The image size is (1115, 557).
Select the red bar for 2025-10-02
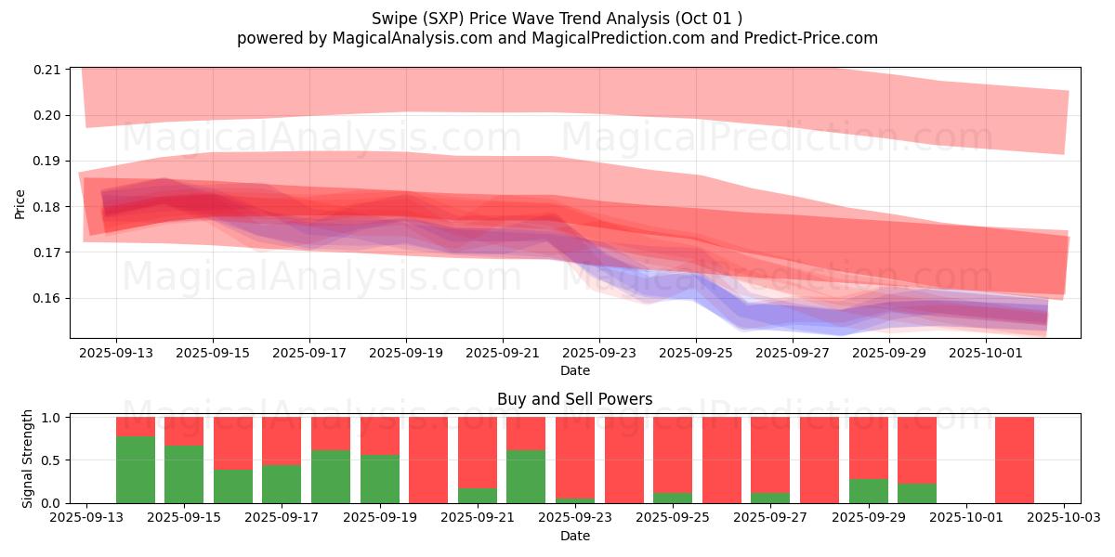tap(1014, 460)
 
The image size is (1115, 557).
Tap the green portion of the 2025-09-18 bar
tap(331, 476)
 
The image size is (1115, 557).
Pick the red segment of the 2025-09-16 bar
tap(233, 443)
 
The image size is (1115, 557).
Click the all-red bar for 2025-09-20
tap(428, 460)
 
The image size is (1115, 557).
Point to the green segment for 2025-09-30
tap(916, 493)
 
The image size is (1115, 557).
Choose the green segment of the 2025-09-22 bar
tap(526, 476)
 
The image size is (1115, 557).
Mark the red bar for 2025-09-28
tap(819, 460)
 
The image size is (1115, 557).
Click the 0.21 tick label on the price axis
tap(47, 70)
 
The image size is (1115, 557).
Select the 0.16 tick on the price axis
tap(47, 298)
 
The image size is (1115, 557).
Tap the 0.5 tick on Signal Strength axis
tap(52, 460)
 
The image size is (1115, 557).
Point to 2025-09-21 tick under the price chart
tap(503, 353)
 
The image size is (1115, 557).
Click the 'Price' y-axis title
tap(20, 203)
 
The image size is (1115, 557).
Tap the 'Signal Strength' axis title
tap(28, 460)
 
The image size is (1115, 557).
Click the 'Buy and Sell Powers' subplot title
tap(574, 400)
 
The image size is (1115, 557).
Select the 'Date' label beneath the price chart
tap(574, 370)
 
